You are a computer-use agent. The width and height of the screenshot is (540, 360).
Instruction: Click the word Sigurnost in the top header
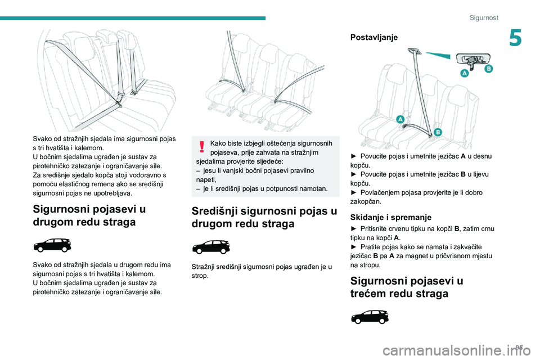pyautogui.click(x=484, y=18)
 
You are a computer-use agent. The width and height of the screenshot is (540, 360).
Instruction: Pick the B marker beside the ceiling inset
pyautogui.click(x=488, y=69)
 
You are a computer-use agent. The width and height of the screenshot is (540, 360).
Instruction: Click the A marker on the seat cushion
pyautogui.click(x=400, y=119)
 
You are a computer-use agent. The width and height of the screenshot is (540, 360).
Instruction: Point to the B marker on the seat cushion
pyautogui.click(x=437, y=132)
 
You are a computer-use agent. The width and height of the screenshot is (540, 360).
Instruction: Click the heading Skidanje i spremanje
pyautogui.click(x=390, y=217)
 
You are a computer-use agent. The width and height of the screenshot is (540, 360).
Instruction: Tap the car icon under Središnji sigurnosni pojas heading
pyautogui.click(x=211, y=247)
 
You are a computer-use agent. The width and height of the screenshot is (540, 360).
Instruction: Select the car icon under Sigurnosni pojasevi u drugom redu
pyautogui.click(x=52, y=245)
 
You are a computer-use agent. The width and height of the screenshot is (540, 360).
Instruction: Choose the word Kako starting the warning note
pyautogui.click(x=219, y=143)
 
